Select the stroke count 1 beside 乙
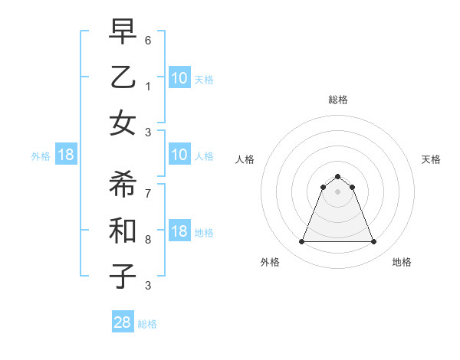[x=149, y=87]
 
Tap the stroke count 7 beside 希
[x=149, y=193]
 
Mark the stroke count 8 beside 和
[x=149, y=240]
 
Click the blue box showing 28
[x=123, y=322]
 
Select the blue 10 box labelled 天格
[x=179, y=78]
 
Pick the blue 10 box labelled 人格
[x=179, y=155]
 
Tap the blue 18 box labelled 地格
[x=179, y=232]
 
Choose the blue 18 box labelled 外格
[x=66, y=155]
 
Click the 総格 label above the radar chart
[x=337, y=100]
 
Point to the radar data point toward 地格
[x=374, y=242]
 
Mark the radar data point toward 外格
[x=301, y=242]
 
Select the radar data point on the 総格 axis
[x=337, y=176]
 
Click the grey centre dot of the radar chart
[x=337, y=191]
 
